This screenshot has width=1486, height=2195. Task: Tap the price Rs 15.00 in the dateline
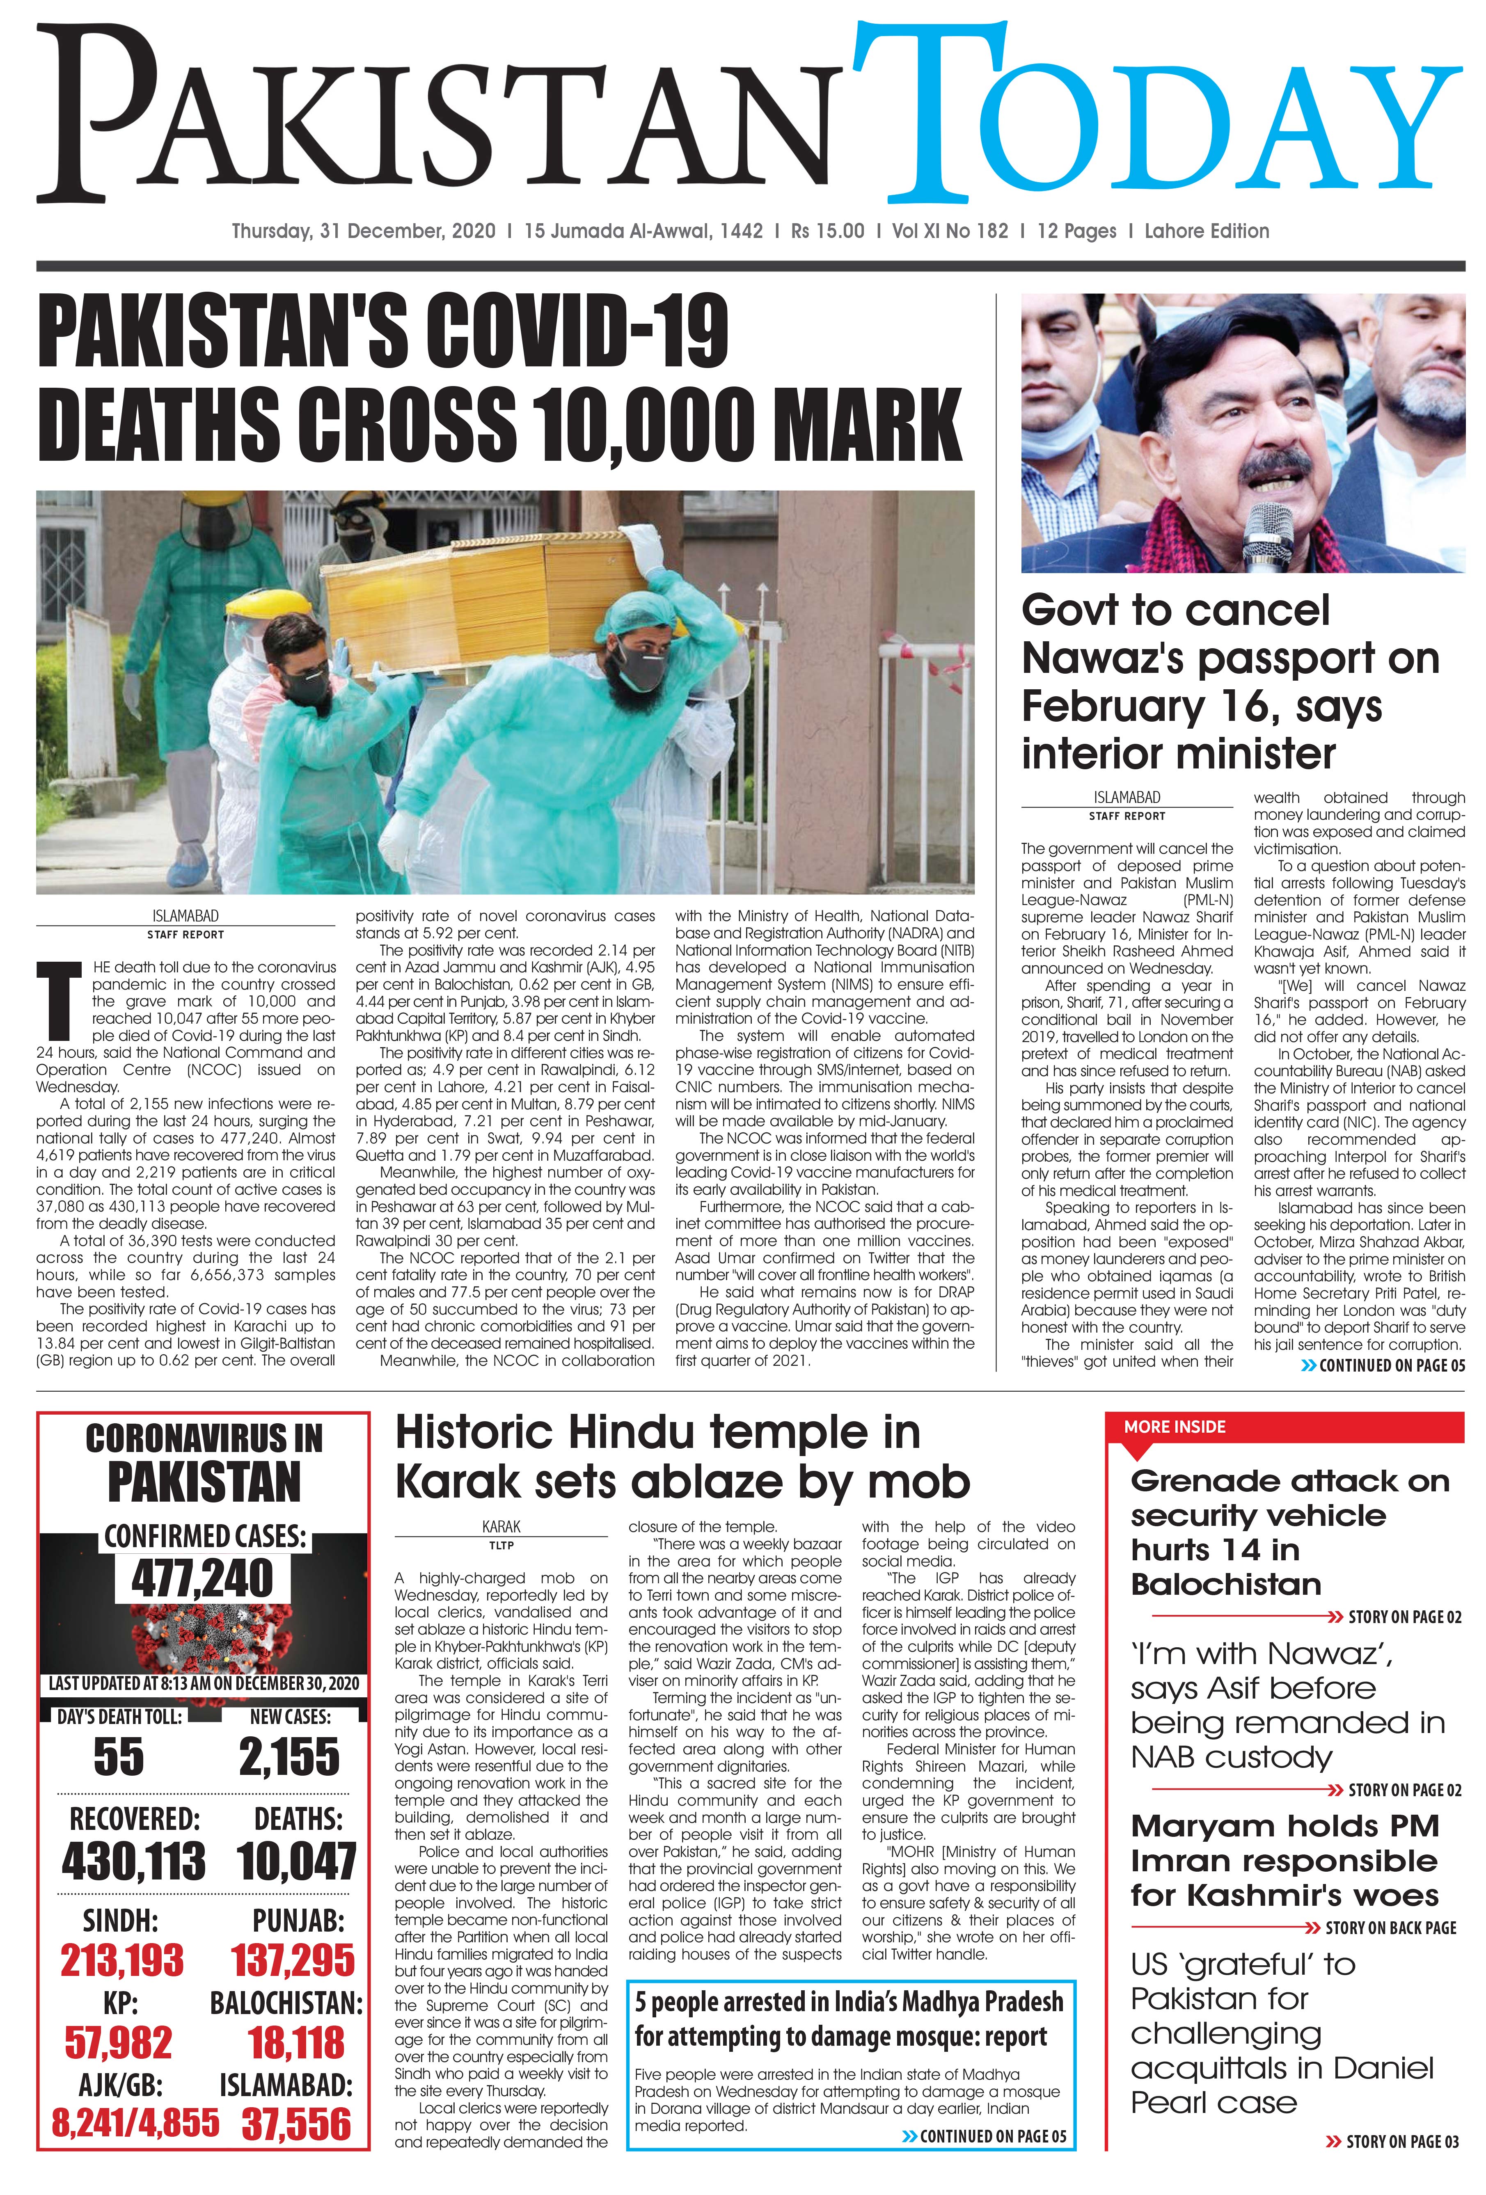(828, 231)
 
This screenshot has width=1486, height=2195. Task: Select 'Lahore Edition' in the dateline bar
(1207, 231)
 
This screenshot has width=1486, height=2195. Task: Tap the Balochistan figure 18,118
(297, 2043)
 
